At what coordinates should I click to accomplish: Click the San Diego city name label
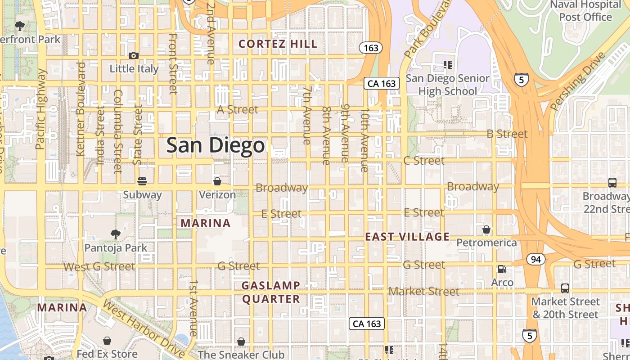pyautogui.click(x=216, y=145)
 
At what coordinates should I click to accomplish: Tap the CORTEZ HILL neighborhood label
pyautogui.click(x=278, y=44)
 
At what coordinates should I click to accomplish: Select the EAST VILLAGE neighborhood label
pyautogui.click(x=407, y=237)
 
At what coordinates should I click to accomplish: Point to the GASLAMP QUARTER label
pyautogui.click(x=271, y=292)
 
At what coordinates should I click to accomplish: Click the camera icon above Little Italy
pyautogui.click(x=134, y=55)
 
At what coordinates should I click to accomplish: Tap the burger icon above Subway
pyautogui.click(x=142, y=181)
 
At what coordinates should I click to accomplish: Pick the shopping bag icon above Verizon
pyautogui.click(x=217, y=181)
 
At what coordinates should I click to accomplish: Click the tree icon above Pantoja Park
pyautogui.click(x=116, y=234)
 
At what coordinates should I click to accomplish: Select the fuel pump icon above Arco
pyautogui.click(x=502, y=269)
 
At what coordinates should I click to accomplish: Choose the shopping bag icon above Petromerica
pyautogui.click(x=486, y=229)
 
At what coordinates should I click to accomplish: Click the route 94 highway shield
pyautogui.click(x=535, y=259)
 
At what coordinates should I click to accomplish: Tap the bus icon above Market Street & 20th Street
pyautogui.click(x=565, y=288)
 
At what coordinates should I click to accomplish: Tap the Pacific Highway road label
pyautogui.click(x=41, y=109)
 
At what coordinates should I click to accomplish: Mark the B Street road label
pyautogui.click(x=507, y=134)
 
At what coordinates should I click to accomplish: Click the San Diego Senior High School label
pyautogui.click(x=447, y=85)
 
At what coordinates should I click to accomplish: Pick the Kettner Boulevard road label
pyautogui.click(x=81, y=109)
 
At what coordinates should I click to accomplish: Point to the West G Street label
pyautogui.click(x=99, y=267)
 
